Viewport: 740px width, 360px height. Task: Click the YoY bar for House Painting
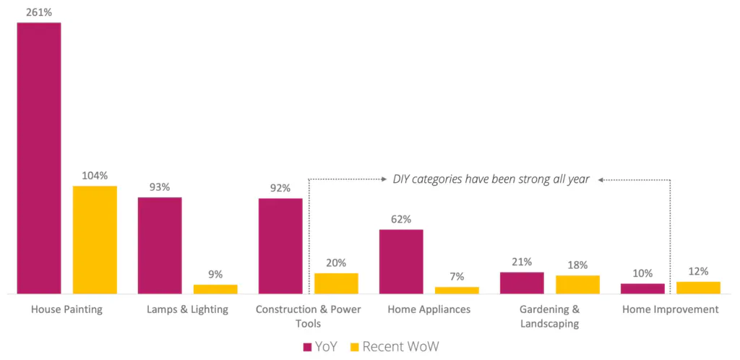coord(39,158)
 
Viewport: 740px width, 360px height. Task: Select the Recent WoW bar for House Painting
coord(95,240)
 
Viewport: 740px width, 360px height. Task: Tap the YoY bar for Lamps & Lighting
coord(160,246)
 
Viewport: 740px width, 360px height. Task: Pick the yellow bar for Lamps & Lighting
coord(215,289)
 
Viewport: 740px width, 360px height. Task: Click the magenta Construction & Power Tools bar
coord(280,246)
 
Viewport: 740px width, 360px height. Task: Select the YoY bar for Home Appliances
coord(401,262)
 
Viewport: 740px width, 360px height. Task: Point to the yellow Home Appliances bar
coord(457,290)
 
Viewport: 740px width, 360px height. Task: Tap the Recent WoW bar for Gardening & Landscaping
coord(577,284)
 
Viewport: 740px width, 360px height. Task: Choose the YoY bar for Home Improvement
coord(642,288)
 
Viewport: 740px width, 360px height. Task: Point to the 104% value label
coord(95,175)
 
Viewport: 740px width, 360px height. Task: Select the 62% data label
coord(401,218)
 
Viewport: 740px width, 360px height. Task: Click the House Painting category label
coord(66,309)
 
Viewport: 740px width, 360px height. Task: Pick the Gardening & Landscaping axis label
coord(549,316)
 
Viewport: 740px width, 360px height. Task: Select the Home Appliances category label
coord(429,309)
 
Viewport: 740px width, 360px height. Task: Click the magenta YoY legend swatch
coord(307,347)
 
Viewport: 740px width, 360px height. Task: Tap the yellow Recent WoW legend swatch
coord(355,347)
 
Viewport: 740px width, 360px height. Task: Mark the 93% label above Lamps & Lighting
coord(160,187)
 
